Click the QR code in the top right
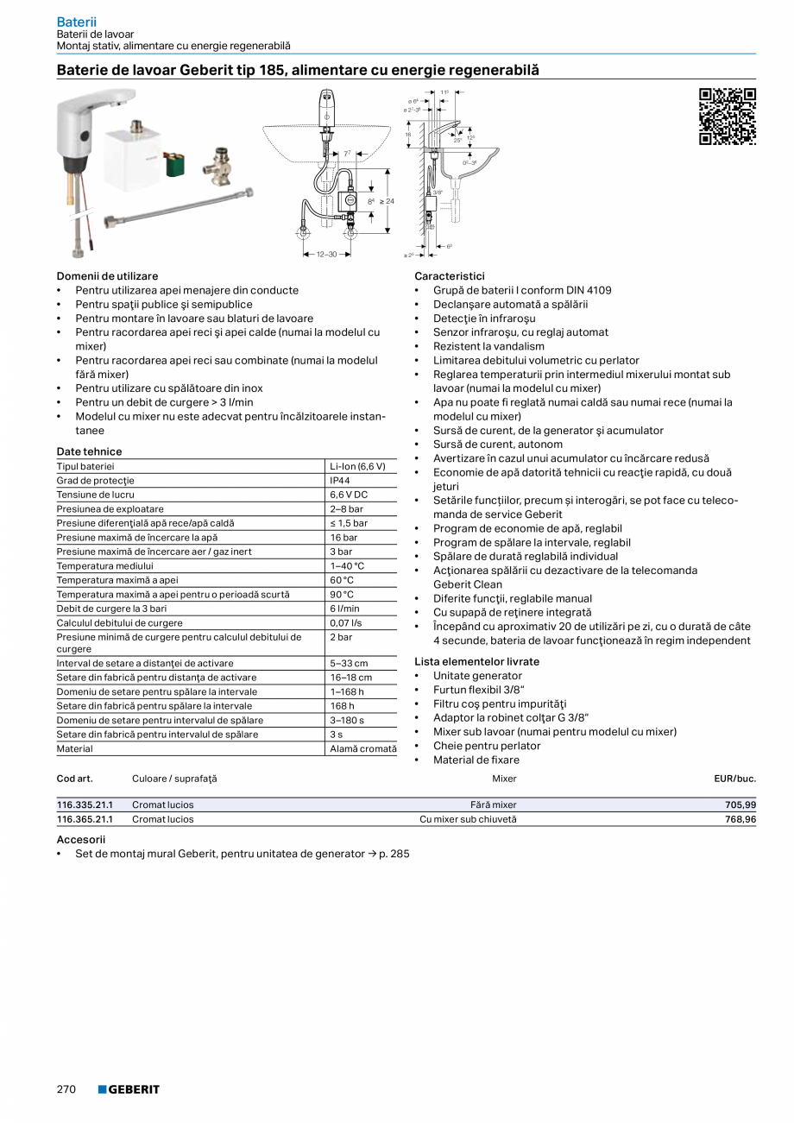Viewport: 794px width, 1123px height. click(x=727, y=117)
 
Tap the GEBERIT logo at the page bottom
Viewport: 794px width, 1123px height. click(x=129, y=1089)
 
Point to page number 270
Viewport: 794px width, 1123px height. click(x=66, y=1089)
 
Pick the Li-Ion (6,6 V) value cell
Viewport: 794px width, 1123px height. click(x=357, y=466)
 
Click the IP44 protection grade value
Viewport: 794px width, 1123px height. click(x=339, y=481)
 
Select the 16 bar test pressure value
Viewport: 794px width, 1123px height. click(x=343, y=537)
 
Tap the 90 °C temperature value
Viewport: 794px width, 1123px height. click(x=342, y=594)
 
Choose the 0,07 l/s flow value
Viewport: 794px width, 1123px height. click(x=345, y=622)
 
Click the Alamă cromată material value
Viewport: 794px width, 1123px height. click(x=362, y=749)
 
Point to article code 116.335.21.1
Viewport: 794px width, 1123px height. click(x=85, y=805)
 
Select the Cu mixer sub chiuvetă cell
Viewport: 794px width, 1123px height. click(x=468, y=819)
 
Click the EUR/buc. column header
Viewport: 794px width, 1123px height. click(x=734, y=779)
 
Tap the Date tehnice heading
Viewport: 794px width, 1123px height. click(x=89, y=451)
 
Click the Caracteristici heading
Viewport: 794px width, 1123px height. click(x=449, y=276)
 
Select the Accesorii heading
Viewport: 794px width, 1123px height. click(x=80, y=839)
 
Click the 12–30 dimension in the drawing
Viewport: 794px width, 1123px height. click(x=326, y=255)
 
